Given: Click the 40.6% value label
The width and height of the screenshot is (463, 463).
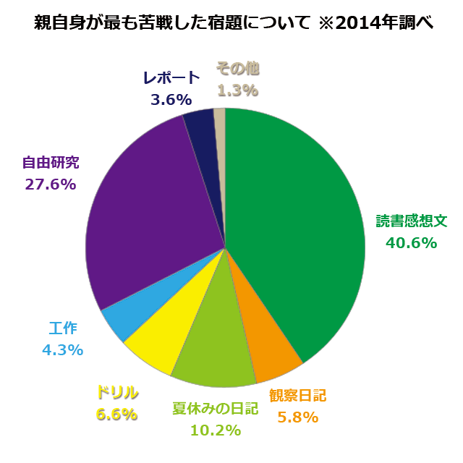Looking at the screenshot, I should pos(411,243).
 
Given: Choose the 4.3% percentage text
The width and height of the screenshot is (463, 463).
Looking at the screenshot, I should pos(62,349).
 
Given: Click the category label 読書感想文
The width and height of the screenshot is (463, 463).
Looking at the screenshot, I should pos(412,221).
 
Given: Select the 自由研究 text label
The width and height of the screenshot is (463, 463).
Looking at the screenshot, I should pos(51,162).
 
